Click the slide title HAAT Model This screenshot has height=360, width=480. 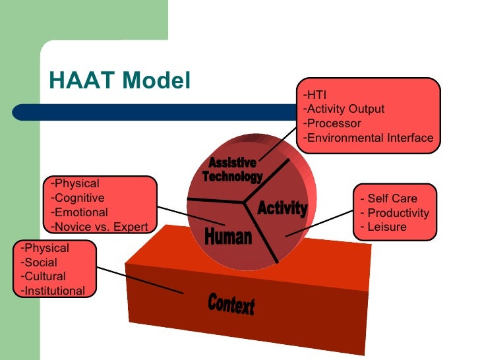(119, 81)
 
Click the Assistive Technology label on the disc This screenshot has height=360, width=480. (232, 170)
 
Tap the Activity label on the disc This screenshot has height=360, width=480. (282, 208)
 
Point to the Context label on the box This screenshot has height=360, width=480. (231, 305)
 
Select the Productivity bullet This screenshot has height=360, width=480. (394, 213)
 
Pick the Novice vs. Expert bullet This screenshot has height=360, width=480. (99, 227)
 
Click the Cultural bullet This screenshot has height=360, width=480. (43, 276)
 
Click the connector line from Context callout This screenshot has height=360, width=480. (140, 280)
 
